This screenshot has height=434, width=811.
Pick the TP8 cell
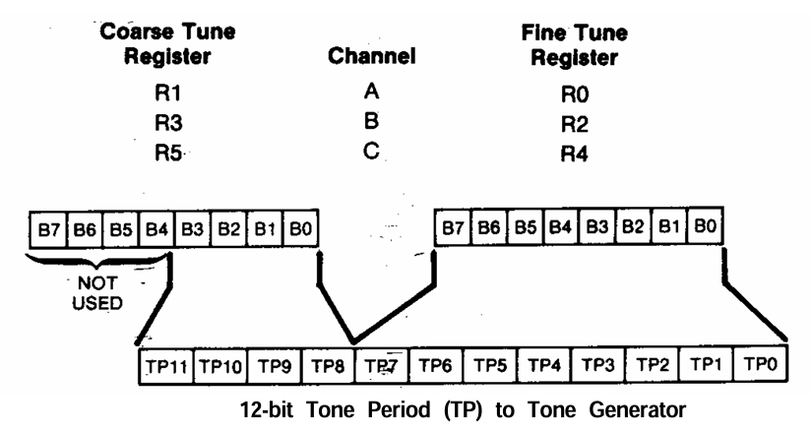328,364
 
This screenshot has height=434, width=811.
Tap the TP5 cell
489,364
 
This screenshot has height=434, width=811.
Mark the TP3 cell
597,363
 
